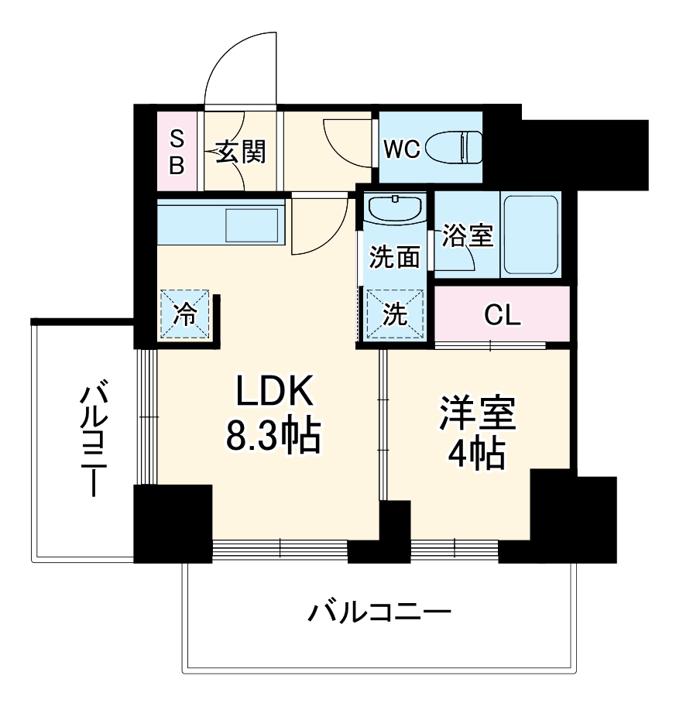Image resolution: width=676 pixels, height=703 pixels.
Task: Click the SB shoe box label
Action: point(177,152)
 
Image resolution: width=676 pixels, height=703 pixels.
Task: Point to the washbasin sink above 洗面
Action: point(395,208)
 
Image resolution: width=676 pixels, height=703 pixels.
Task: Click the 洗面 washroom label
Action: point(394,256)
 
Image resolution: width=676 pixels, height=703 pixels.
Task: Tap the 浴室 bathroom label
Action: point(468,235)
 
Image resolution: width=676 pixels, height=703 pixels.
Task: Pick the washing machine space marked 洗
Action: point(396,314)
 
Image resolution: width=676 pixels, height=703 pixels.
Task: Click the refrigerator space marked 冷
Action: point(184,314)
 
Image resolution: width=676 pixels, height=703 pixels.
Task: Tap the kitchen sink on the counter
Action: point(252,225)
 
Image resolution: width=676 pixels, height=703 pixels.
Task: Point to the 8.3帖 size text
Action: point(273,438)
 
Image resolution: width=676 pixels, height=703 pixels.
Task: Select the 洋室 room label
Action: point(478,414)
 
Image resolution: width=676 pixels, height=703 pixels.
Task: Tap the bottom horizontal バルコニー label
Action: point(379,615)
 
